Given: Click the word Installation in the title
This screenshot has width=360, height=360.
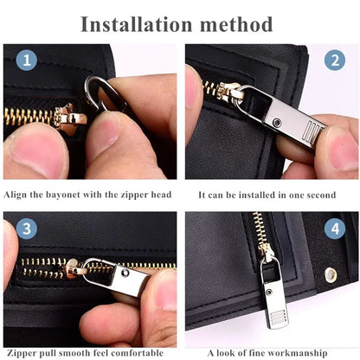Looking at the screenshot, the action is click(137, 24).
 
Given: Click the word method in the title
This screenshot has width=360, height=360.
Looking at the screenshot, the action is click(236, 24).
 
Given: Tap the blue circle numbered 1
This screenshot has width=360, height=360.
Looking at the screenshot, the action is click(27, 61).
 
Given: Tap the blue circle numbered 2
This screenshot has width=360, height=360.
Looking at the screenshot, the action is click(335, 61).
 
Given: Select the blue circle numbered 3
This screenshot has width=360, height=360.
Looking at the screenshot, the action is click(27, 228).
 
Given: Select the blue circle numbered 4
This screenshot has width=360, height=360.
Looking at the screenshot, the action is click(335, 228).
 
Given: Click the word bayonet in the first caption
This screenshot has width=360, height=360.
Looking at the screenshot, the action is click(63, 195).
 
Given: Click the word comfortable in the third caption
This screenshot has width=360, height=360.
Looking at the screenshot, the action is click(137, 353).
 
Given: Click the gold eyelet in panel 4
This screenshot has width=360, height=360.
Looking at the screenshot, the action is click(331, 274).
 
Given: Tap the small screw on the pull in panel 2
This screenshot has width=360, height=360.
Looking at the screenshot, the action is click(277, 122).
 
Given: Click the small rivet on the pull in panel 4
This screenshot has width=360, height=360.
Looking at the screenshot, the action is click(269, 292).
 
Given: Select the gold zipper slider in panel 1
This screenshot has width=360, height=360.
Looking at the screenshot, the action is click(70, 118).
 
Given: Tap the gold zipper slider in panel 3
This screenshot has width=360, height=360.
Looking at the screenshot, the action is click(74, 269).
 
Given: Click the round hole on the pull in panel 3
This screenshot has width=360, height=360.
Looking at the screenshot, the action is click(125, 273).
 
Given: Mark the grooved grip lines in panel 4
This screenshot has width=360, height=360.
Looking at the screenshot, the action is click(278, 317).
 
